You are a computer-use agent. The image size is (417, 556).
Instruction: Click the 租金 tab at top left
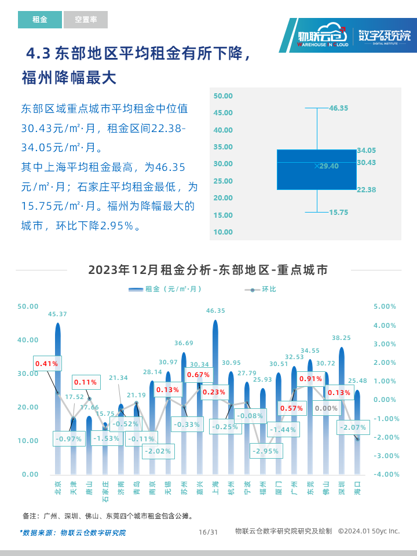40,20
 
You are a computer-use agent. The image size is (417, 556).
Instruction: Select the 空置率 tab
86,20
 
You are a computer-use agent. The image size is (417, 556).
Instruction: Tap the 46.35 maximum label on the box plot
338,108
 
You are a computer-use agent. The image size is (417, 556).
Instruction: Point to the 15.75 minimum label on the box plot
338,213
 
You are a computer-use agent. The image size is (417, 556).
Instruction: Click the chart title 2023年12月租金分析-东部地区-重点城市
208,270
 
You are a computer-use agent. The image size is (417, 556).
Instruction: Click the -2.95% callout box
266,451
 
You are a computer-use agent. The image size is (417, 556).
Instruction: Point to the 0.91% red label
310,379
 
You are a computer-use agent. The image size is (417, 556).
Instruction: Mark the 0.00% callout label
326,408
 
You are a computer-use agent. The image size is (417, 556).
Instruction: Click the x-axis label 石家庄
105,490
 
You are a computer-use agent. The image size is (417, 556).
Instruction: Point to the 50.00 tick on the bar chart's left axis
28,306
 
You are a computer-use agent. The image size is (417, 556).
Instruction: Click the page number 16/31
208,532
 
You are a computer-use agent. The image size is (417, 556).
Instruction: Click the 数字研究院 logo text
384,35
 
